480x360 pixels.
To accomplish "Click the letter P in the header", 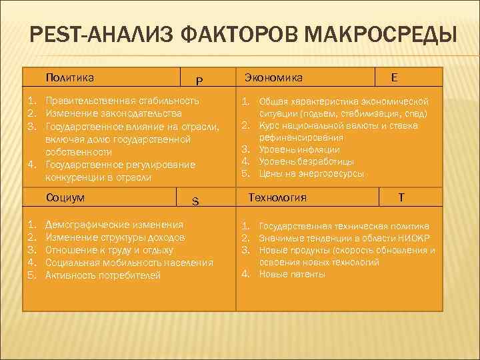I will [199, 81].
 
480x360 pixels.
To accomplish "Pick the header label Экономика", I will [274, 77].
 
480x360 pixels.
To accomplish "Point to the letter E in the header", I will [395, 77].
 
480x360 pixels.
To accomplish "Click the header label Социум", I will [66, 197].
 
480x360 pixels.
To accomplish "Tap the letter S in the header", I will [195, 201].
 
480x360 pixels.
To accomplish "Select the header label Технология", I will [277, 197].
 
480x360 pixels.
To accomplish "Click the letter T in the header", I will [401, 197].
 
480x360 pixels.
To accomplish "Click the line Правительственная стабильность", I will [122, 101].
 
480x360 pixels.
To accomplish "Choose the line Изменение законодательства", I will [113, 113].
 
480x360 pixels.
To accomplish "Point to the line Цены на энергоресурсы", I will [311, 174].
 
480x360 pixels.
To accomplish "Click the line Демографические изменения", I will [114, 225].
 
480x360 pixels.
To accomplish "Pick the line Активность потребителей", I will [103, 275].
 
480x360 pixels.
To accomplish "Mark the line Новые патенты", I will [292, 274].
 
